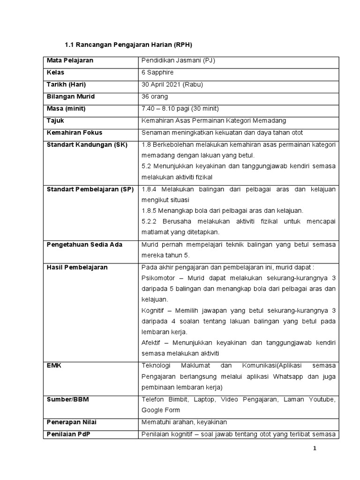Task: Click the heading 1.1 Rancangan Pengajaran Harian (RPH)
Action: (x=128, y=45)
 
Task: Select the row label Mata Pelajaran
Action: (x=70, y=60)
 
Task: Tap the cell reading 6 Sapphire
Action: (x=157, y=73)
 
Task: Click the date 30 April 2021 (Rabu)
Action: (x=172, y=84)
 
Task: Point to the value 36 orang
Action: (x=155, y=97)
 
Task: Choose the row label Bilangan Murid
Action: (x=70, y=97)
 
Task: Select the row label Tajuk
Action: (x=55, y=120)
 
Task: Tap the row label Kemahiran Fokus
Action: (x=75, y=133)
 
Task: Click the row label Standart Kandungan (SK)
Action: (x=87, y=144)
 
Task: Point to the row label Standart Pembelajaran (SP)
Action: (x=90, y=189)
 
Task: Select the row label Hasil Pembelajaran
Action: (x=77, y=268)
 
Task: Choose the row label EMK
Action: (x=54, y=366)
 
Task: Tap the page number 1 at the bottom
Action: (x=315, y=449)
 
